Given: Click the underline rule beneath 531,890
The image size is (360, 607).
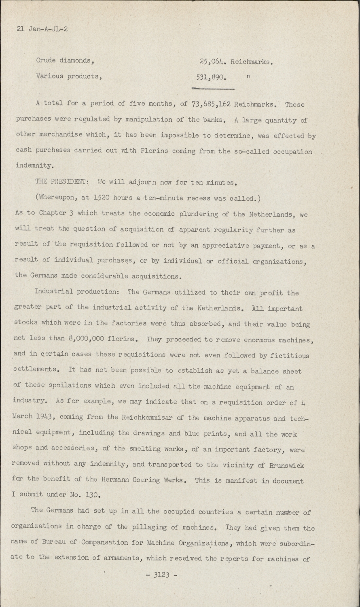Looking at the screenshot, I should [213, 88].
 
